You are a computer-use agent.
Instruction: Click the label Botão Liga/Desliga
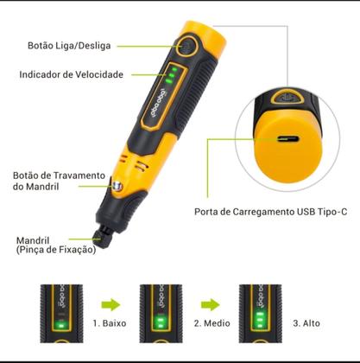(69, 46)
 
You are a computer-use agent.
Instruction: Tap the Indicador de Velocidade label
(72, 74)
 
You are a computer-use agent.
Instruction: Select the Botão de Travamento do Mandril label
(59, 181)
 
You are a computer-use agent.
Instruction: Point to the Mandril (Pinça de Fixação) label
(56, 245)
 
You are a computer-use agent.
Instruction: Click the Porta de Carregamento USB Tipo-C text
(271, 212)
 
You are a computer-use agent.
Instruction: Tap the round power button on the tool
(186, 47)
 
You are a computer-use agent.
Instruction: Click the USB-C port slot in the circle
(288, 140)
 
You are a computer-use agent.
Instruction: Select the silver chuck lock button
(117, 187)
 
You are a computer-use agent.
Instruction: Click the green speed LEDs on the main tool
(171, 75)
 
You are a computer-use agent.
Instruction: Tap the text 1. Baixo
(110, 323)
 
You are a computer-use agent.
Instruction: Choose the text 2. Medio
(212, 323)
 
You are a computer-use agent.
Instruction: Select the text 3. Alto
(306, 323)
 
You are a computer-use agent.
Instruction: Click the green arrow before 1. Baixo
(111, 304)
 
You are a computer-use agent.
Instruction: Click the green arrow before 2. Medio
(211, 304)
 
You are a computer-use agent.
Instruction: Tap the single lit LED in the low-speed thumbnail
(60, 326)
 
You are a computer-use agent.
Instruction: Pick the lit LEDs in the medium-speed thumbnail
(161, 323)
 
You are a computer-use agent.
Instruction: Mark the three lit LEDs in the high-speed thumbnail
(260, 320)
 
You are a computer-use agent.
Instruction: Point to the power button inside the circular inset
(286, 98)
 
